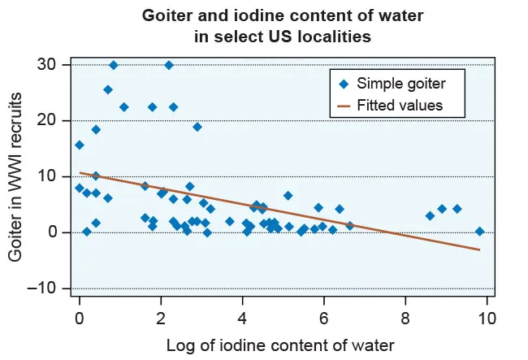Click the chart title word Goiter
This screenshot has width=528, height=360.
click(x=168, y=15)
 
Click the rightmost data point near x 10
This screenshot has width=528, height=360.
click(x=479, y=231)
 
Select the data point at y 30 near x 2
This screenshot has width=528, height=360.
click(x=169, y=65)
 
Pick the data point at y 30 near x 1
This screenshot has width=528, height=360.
click(x=114, y=65)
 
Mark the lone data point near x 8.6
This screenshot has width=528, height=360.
click(x=430, y=215)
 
